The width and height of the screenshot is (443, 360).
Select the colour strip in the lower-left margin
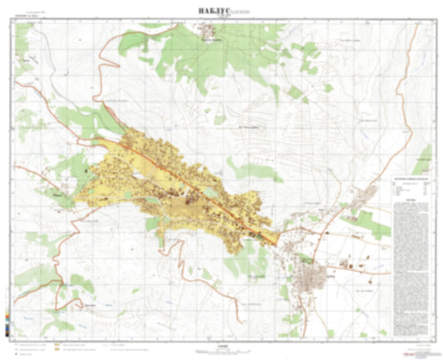(x=8, y=321)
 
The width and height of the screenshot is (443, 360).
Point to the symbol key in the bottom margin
(x=66, y=344)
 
